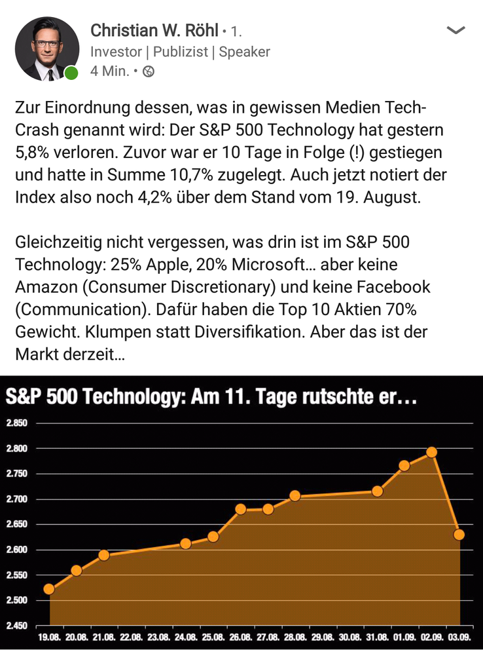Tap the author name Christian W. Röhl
pos(154,30)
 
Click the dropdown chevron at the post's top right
pos(455,30)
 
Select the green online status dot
pos(71,73)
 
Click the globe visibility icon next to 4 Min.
pos(149,71)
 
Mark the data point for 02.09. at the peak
pos(431,452)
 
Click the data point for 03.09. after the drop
pos(459,535)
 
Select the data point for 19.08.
pos(48,589)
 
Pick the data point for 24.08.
pos(185,543)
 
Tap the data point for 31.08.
pos(377,491)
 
